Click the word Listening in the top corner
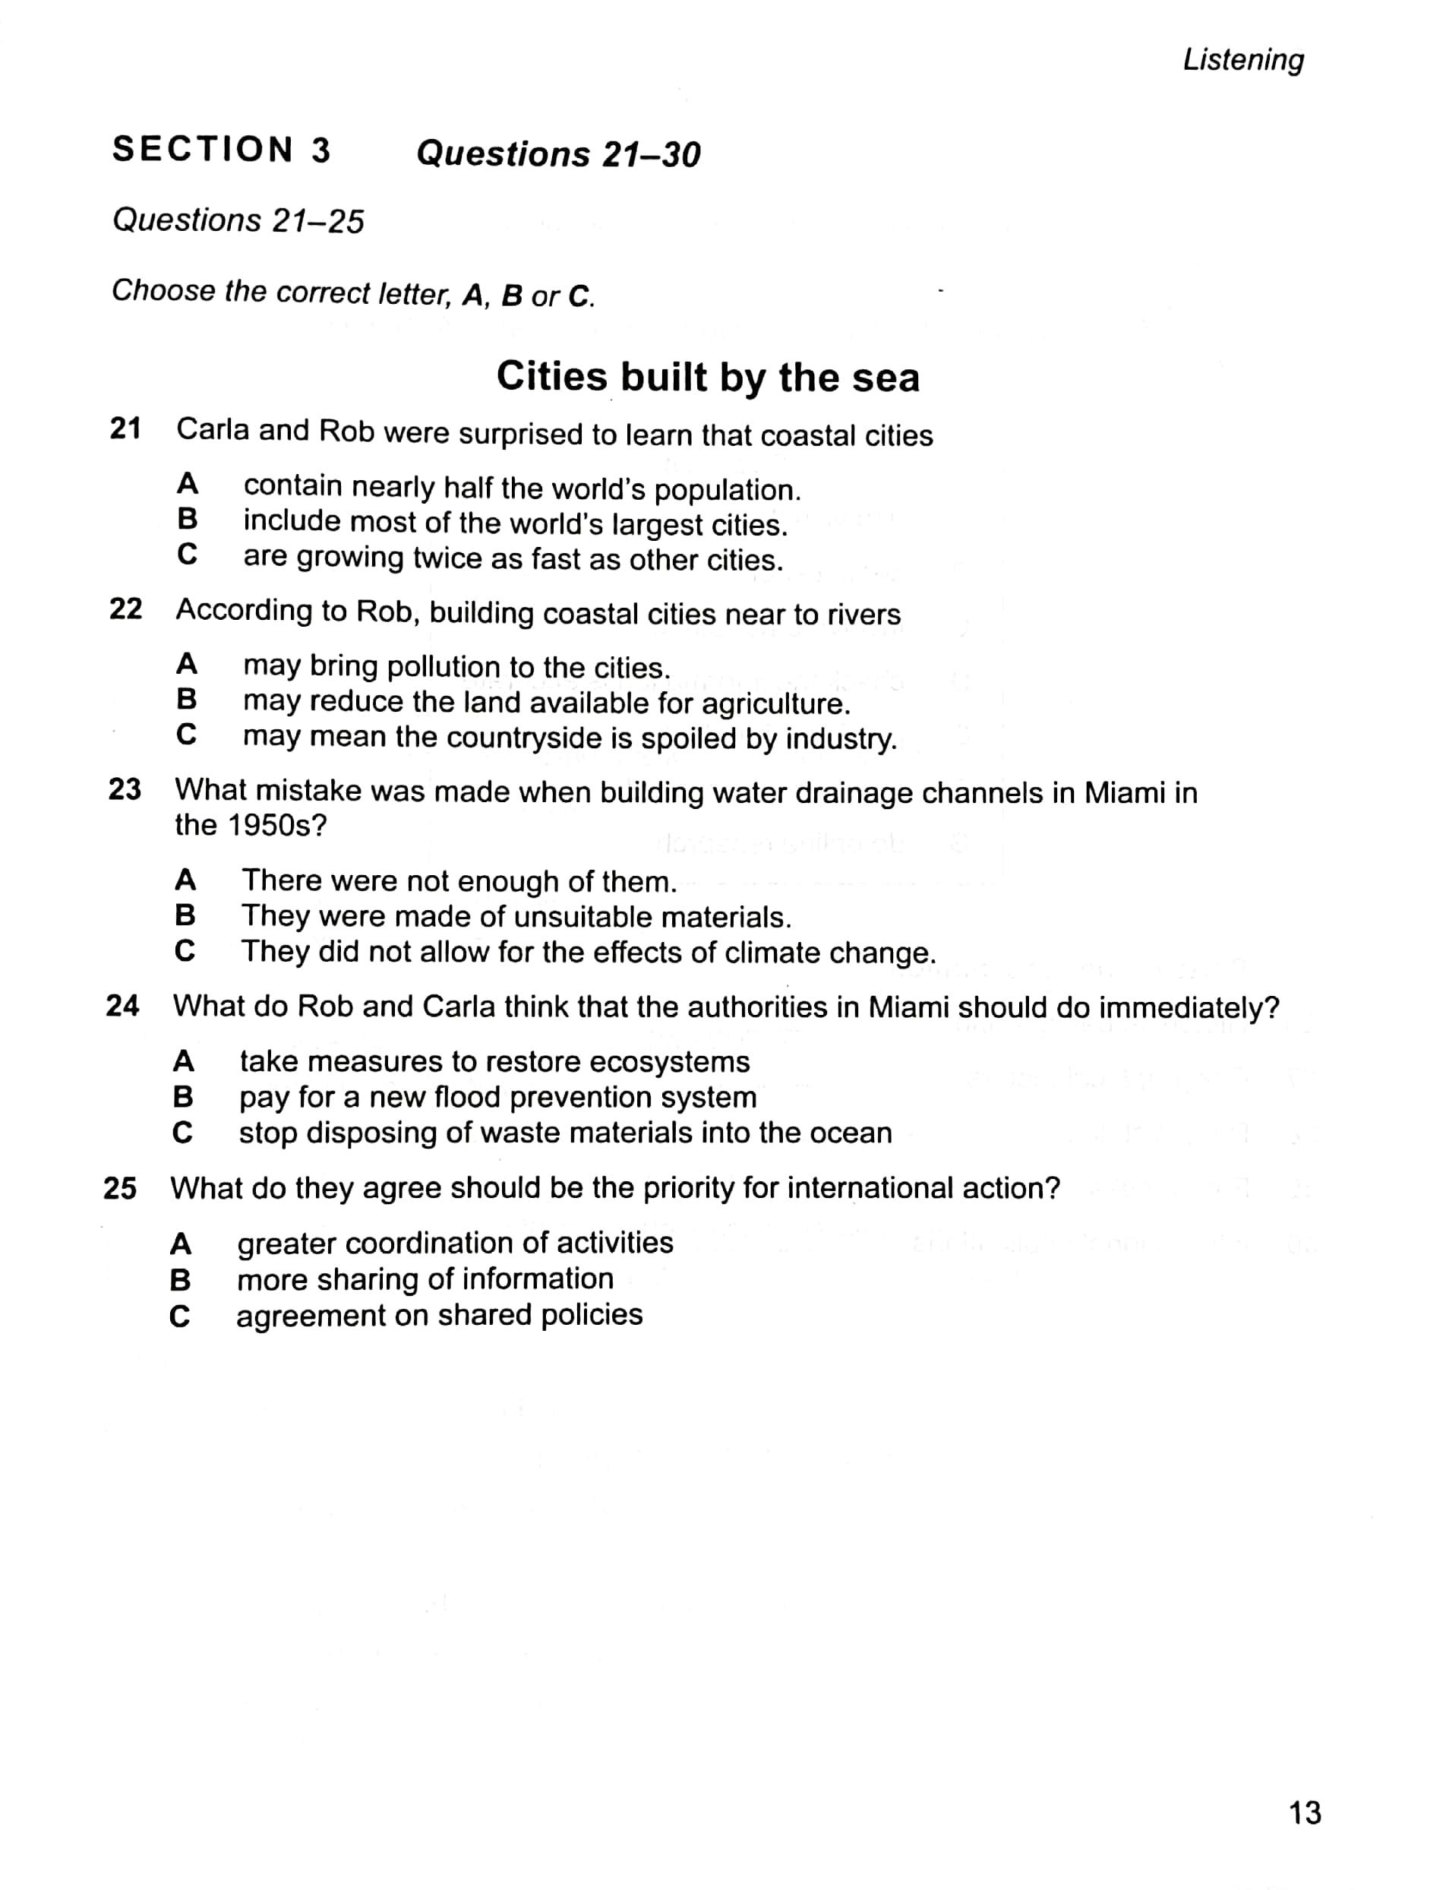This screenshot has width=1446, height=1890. point(1243,59)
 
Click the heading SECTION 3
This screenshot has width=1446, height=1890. point(221,150)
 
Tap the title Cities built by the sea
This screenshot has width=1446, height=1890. point(708,377)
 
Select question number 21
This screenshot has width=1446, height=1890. point(125,428)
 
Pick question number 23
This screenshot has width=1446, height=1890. point(125,789)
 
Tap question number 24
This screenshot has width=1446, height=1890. point(122,1005)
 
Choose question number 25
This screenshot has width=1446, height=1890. point(120,1188)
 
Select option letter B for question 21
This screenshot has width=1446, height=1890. point(187,519)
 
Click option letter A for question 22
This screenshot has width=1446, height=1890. point(187,664)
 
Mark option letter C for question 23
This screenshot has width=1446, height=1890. point(185,950)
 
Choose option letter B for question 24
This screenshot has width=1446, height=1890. point(183,1096)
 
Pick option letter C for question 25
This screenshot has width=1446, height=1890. point(180,1316)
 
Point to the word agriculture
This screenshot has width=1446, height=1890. point(775,704)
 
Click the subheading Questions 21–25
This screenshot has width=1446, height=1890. point(238,220)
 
